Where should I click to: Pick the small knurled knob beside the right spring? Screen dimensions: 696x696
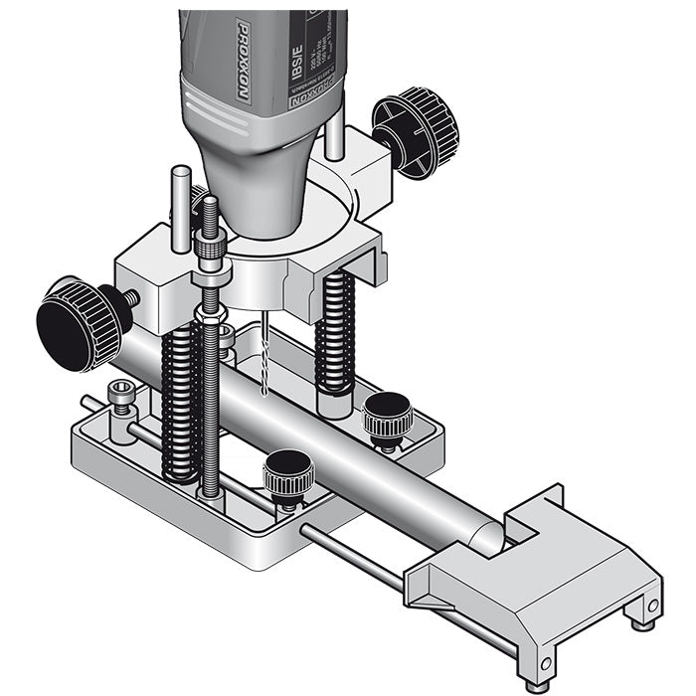tap(386, 418)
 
